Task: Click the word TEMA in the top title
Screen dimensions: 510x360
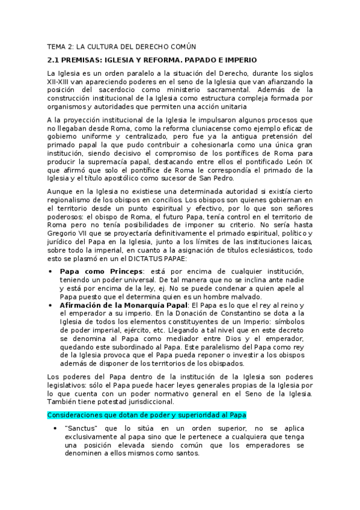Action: point(58,46)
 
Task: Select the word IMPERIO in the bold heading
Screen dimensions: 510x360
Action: point(239,60)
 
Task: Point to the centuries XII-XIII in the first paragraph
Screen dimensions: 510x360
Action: point(60,81)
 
